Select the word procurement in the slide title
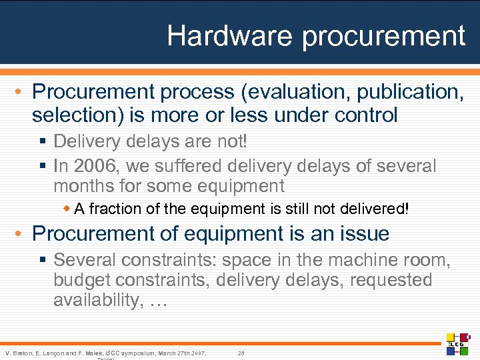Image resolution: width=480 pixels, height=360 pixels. coord(383,36)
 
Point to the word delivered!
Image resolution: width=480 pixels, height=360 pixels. coord(377,209)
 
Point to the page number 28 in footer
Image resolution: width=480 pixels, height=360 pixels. coord(241,352)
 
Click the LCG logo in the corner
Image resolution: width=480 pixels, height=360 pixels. coord(458,343)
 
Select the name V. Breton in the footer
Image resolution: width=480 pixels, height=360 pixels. coord(18,352)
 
